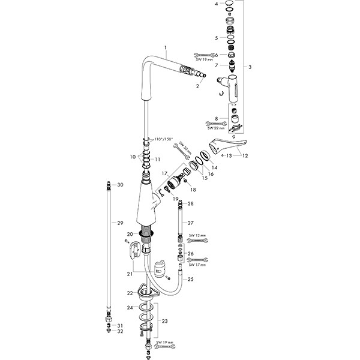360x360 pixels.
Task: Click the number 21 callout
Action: (129, 274)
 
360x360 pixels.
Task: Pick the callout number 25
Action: (191, 280)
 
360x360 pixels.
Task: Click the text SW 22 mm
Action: (215, 128)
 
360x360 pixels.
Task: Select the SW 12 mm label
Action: (197, 235)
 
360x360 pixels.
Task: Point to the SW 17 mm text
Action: (197, 265)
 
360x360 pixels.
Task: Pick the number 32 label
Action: (120, 331)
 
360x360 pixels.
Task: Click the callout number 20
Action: (129, 234)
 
